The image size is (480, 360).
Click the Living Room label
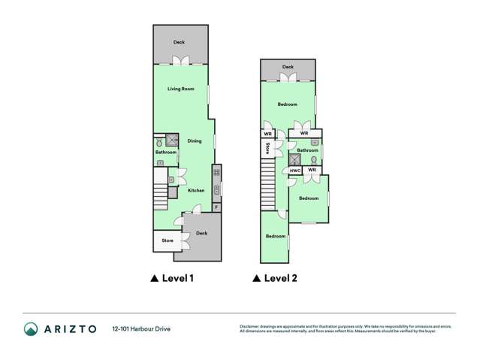pyautogui.click(x=180, y=89)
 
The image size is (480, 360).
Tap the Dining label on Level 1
pyautogui.click(x=195, y=141)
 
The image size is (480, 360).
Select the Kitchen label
pyautogui.click(x=196, y=190)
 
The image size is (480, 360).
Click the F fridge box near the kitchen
pyautogui.click(x=217, y=207)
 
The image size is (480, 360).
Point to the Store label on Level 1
pyautogui.click(x=167, y=241)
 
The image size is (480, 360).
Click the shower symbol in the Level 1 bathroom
pyautogui.click(x=172, y=140)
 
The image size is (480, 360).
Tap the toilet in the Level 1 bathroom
pyautogui.click(x=159, y=142)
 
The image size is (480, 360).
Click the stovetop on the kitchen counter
pyautogui.click(x=217, y=173)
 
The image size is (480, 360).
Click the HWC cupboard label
pyautogui.click(x=295, y=171)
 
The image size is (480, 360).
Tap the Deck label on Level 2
pyautogui.click(x=288, y=67)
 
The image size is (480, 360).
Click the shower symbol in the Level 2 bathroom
pyautogui.click(x=294, y=159)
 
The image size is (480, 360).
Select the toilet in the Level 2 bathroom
pyautogui.click(x=313, y=159)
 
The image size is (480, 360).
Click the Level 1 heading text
pyautogui.click(x=178, y=278)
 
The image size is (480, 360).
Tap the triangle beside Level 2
pyautogui.click(x=256, y=278)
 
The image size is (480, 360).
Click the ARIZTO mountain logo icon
pyautogui.click(x=31, y=328)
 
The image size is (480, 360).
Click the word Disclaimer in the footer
pyautogui.click(x=249, y=326)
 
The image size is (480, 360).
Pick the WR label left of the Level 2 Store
pyautogui.click(x=267, y=134)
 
